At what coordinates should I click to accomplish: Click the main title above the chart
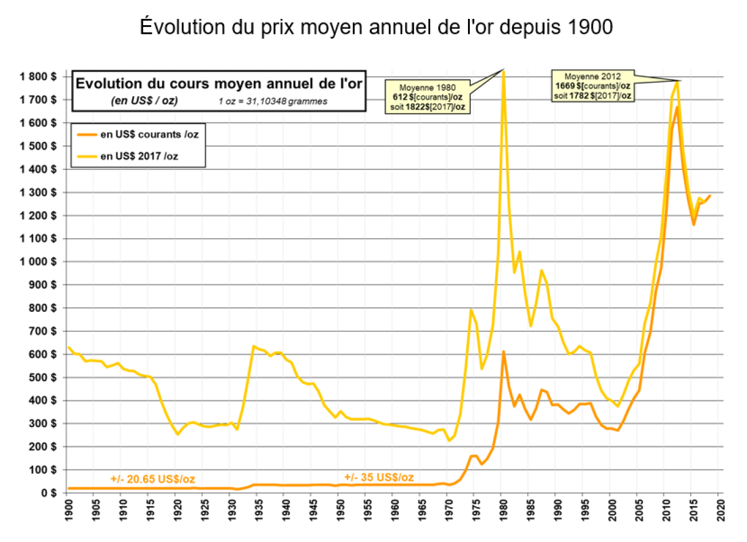point(376,27)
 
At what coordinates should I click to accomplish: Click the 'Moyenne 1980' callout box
point(427,97)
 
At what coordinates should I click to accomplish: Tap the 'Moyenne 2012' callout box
point(592,86)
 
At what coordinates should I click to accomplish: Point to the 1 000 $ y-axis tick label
point(38,262)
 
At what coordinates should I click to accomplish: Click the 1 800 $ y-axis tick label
point(38,77)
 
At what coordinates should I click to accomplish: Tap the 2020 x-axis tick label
point(720,511)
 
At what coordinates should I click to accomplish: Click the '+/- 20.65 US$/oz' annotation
point(152,480)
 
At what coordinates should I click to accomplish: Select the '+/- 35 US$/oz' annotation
point(379,477)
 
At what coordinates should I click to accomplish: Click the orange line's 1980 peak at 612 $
point(503,351)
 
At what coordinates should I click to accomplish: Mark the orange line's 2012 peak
point(677,107)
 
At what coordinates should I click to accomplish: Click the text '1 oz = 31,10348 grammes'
point(273,101)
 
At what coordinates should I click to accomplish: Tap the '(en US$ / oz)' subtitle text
point(144,101)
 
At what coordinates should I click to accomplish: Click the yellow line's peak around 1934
point(253,346)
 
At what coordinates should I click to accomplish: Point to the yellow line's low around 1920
point(178,434)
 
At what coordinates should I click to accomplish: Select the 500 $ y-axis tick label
point(42,377)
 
